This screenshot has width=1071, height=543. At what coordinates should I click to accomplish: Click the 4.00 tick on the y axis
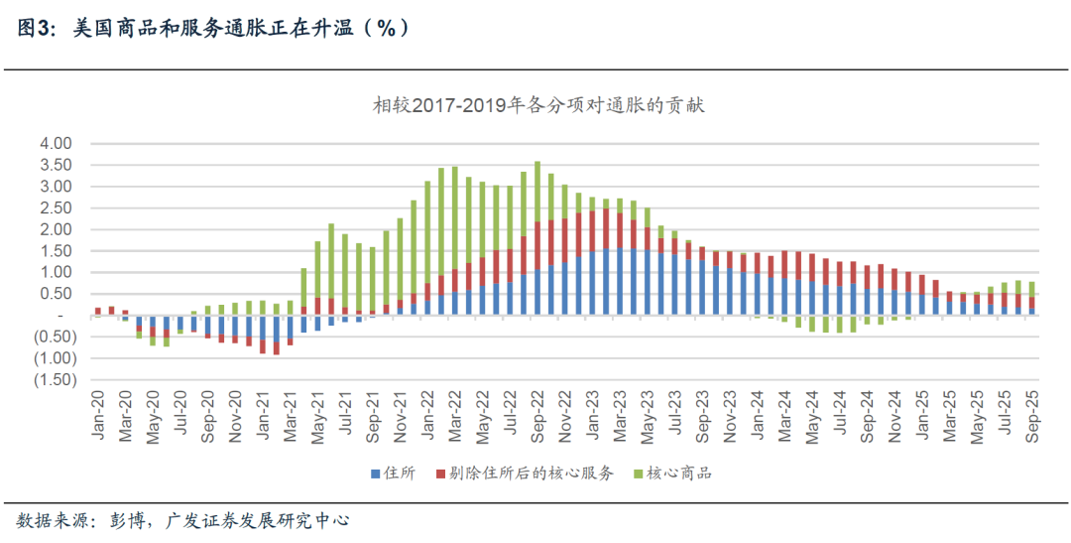coord(57,144)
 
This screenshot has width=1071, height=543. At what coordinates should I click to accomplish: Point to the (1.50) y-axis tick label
coord(54,380)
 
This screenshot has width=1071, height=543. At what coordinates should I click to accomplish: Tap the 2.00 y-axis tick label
coord(57,229)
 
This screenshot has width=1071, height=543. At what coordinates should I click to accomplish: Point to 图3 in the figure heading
coord(37,29)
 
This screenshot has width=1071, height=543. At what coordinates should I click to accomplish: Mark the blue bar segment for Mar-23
coord(620,282)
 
